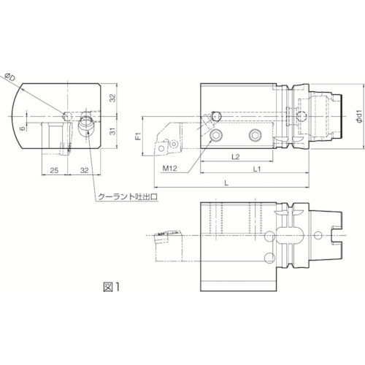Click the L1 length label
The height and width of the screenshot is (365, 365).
[x=257, y=168]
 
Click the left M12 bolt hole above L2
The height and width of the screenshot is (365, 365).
[x=217, y=136]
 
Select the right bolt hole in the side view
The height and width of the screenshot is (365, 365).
[x=255, y=136]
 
